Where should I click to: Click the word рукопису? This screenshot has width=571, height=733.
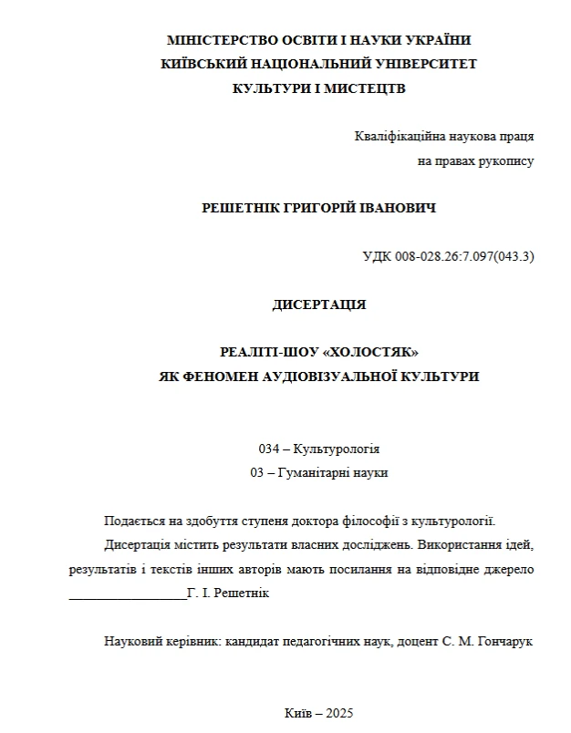(x=508, y=160)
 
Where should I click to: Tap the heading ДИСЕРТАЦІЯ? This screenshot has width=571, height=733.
(x=319, y=305)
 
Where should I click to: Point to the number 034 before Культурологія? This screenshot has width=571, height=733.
(x=270, y=449)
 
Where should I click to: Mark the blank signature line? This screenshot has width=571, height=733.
(x=127, y=594)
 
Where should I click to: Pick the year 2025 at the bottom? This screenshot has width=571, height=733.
(x=337, y=713)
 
